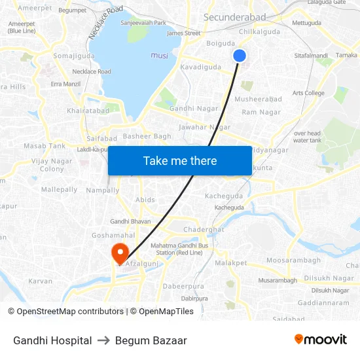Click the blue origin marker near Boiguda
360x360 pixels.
[x=240, y=56]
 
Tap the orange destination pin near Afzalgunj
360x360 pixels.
[x=120, y=252]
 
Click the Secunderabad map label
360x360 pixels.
[x=235, y=17]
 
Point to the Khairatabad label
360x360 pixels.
[x=88, y=111]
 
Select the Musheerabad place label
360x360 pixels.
[x=258, y=99]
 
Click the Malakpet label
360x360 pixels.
[x=231, y=262]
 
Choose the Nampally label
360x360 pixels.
[x=103, y=190]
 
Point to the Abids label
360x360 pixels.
[x=145, y=200]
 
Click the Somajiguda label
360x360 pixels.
[x=74, y=56]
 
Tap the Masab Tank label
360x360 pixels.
[x=45, y=146]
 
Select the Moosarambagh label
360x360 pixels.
[x=294, y=260]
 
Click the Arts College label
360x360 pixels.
[x=308, y=93]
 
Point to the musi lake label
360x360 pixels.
[x=159, y=56]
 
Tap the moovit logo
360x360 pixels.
[x=320, y=340]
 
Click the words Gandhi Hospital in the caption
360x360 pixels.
[x=52, y=340]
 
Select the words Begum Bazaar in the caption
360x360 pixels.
[x=151, y=340]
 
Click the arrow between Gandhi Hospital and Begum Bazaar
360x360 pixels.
[x=103, y=340]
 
